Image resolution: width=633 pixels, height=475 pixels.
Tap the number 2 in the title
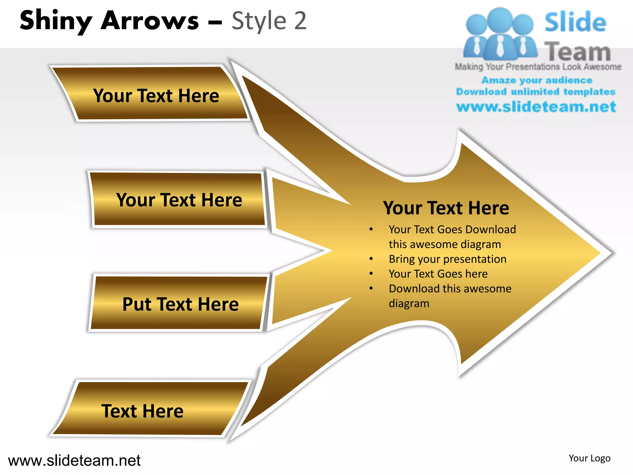(x=300, y=21)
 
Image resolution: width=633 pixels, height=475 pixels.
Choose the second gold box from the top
(x=179, y=199)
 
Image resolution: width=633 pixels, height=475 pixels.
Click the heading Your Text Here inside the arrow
(x=446, y=208)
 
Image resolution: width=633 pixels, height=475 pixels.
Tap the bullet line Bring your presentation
(x=448, y=259)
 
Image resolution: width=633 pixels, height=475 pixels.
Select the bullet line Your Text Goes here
(x=438, y=274)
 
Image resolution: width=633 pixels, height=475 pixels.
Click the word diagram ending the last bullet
(x=409, y=304)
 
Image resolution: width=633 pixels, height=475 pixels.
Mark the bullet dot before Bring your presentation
(x=371, y=259)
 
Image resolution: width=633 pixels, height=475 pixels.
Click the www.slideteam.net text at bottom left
(x=74, y=460)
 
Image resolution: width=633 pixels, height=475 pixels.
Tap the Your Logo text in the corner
(x=589, y=458)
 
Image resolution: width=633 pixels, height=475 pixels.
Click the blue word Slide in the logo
(x=575, y=22)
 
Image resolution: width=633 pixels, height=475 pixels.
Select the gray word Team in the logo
(x=577, y=52)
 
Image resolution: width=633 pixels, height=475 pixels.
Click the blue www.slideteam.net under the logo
(x=536, y=107)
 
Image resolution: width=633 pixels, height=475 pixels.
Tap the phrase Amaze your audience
(x=537, y=80)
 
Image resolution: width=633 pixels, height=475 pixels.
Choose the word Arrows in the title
(x=150, y=21)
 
